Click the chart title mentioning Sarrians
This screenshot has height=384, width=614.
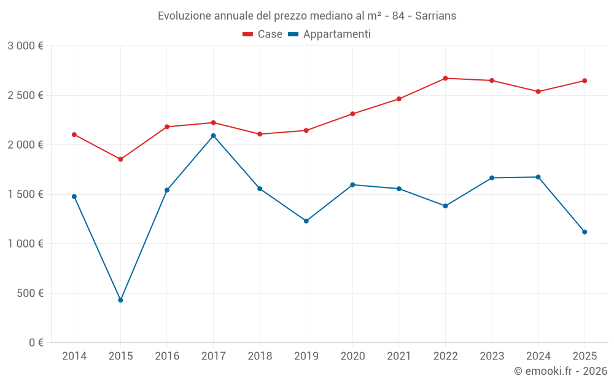click(x=307, y=15)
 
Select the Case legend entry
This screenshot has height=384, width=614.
click(x=262, y=34)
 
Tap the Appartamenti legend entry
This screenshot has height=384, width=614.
click(x=329, y=34)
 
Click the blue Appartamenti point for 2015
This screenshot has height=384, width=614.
click(x=120, y=300)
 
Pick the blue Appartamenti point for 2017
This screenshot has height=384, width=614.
click(x=213, y=136)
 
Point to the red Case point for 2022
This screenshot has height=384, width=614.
click(x=445, y=78)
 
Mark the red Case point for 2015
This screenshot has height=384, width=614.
click(x=120, y=159)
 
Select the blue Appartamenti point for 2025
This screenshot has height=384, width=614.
click(x=585, y=232)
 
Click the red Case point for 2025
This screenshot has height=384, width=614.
click(x=585, y=80)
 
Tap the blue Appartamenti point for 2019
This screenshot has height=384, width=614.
click(x=306, y=221)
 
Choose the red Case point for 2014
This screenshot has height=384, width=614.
click(x=74, y=135)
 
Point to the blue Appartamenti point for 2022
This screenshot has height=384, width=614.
click(x=445, y=206)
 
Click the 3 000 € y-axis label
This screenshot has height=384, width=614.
click(x=26, y=46)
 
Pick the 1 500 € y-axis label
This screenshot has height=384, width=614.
click(x=26, y=194)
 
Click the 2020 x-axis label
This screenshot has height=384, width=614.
click(x=352, y=356)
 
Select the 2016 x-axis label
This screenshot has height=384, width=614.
click(x=167, y=356)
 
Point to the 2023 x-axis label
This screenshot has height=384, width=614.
click(x=492, y=356)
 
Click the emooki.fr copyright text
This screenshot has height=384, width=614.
click(x=560, y=371)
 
